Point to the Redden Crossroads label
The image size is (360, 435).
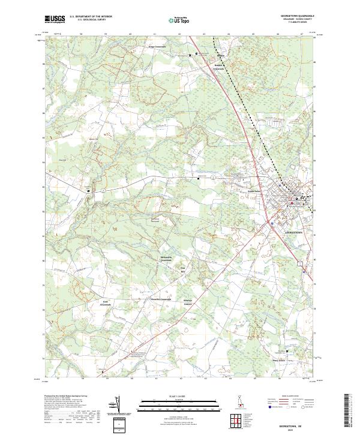click(222, 67)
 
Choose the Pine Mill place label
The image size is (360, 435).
click(184, 269)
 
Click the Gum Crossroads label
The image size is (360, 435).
click(107, 303)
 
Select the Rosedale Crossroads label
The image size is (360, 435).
click(161, 299)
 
